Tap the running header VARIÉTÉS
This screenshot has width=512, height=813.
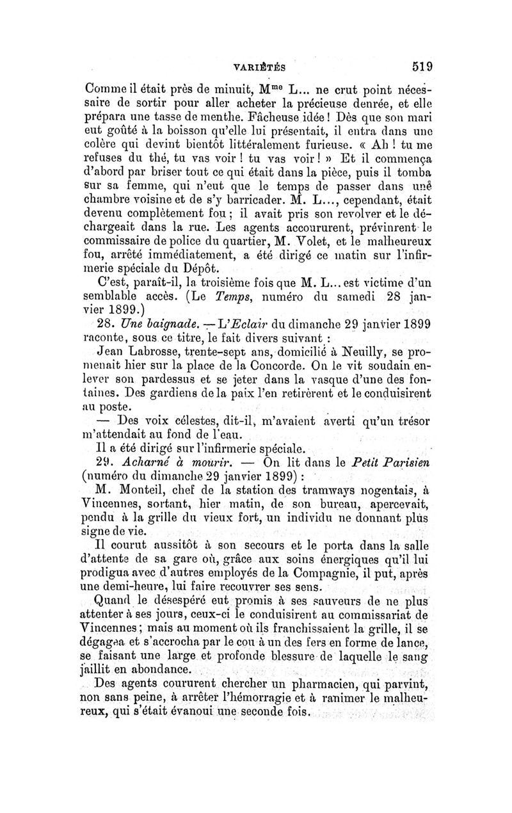pos(260,67)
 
